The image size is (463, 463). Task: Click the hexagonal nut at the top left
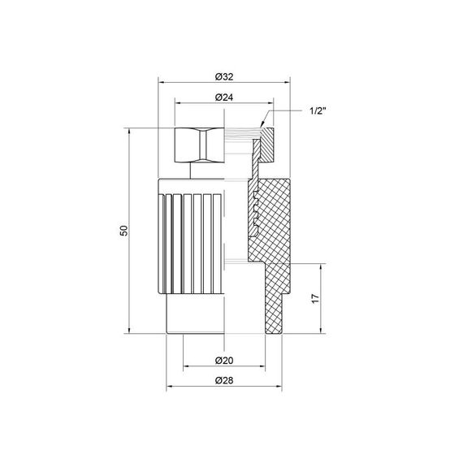(x=197, y=145)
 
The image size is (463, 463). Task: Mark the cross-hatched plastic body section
(x=272, y=219)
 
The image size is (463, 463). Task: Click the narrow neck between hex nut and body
(x=192, y=171)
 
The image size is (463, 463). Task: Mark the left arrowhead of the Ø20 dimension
(x=185, y=366)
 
